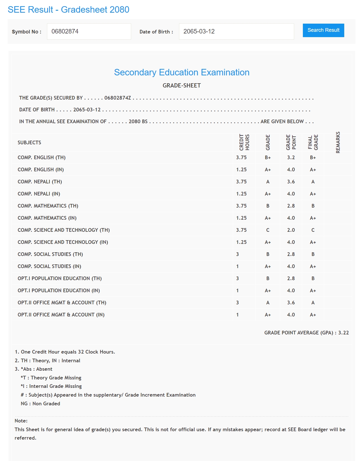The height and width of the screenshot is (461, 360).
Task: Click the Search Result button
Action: (x=323, y=30)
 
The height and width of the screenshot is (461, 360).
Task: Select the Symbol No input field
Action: (x=89, y=32)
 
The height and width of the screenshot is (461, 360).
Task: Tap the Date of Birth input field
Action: (x=236, y=32)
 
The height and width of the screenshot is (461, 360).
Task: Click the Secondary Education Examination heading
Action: (x=182, y=72)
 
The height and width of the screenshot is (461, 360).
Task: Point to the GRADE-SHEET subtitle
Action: (x=182, y=86)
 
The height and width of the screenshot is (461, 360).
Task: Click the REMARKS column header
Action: (x=338, y=142)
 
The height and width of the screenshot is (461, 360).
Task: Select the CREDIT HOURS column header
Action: (x=244, y=142)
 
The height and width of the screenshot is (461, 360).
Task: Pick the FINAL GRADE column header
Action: (x=313, y=142)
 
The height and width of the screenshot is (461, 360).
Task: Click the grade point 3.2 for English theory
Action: (x=291, y=158)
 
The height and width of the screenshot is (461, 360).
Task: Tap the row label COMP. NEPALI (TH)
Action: (x=40, y=182)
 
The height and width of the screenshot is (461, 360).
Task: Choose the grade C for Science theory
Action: (x=268, y=230)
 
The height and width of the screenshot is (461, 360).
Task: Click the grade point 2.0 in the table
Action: (x=291, y=230)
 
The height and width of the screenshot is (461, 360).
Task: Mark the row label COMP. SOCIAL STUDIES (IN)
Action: (x=49, y=266)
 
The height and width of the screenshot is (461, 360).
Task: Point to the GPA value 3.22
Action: (x=343, y=333)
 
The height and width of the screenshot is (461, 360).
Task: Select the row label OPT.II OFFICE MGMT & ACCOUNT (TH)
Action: (x=62, y=303)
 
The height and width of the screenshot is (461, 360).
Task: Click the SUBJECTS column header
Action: (x=29, y=143)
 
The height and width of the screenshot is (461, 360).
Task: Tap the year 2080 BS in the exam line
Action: (x=138, y=122)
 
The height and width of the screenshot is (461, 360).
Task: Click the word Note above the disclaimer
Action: (x=21, y=421)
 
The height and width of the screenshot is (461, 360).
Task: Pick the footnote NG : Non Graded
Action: (x=40, y=404)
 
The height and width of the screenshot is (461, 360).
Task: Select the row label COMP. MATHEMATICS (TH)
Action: (x=48, y=206)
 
